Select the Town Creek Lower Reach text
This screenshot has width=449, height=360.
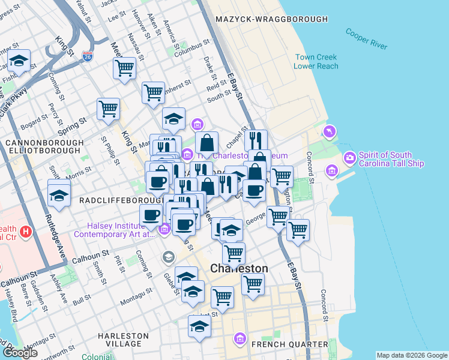pyautogui.click(x=316, y=62)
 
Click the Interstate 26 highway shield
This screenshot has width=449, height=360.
pyautogui.click(x=88, y=57)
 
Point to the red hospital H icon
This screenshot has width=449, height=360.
pyautogui.click(x=25, y=231)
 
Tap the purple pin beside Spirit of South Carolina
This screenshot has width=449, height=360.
pyautogui.click(x=349, y=158)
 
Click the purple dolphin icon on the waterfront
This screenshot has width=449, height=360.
pyautogui.click(x=329, y=131)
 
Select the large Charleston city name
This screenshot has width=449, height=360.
pyautogui.click(x=239, y=268)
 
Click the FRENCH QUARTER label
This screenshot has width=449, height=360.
pyautogui.click(x=289, y=344)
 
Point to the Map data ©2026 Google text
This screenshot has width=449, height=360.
pyautogui.click(x=412, y=355)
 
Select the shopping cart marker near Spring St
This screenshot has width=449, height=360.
pyautogui.click(x=108, y=109)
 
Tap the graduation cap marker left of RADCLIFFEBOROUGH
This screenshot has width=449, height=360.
pyautogui.click(x=59, y=194)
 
